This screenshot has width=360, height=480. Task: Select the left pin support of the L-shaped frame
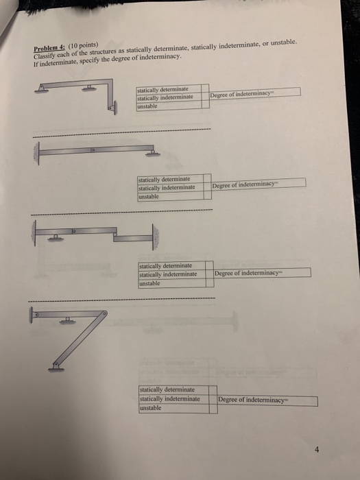click(43, 87)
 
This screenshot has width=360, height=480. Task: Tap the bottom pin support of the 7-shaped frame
click(56, 368)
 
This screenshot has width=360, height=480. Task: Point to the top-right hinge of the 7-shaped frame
click(104, 313)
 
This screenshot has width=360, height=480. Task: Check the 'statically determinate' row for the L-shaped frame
click(163, 89)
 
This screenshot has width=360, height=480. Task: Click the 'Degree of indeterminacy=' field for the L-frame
click(254, 93)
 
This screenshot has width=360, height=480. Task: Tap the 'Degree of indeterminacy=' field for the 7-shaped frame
click(267, 400)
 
